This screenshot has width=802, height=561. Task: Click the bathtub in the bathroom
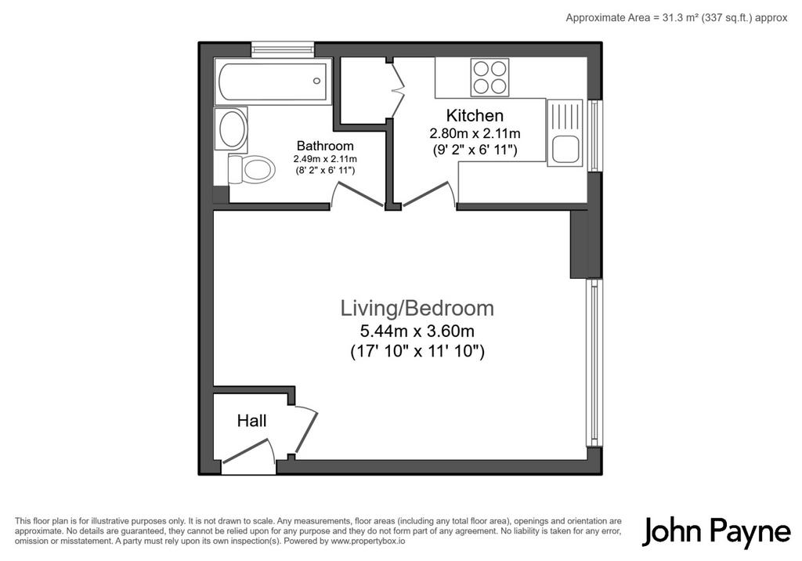tap(273, 81)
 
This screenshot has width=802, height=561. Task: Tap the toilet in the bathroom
tap(251, 169)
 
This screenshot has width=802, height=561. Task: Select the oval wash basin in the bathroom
tap(231, 128)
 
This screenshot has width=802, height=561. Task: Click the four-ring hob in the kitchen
tap(490, 78)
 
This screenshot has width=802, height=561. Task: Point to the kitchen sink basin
tap(565, 150)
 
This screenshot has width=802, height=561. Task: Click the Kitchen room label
tap(475, 115)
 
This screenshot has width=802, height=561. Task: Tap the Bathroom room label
tap(325, 146)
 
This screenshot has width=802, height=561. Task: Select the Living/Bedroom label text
tap(417, 308)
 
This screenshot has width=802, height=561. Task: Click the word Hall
tap(251, 421)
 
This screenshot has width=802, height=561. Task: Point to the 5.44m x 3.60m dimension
tap(417, 331)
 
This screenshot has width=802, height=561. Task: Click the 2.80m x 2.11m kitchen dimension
tap(475, 134)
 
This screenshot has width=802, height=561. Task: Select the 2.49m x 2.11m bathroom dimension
tap(325, 159)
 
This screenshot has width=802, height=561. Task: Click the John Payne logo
tap(716, 532)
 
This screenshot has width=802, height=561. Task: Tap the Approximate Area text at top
tap(677, 18)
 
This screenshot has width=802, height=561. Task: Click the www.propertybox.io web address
tap(368, 541)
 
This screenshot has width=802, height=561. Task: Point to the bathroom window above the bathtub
tap(283, 49)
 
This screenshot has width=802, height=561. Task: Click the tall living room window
tap(594, 363)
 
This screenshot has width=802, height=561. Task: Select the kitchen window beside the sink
tap(594, 136)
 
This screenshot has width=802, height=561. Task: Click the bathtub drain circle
tap(316, 81)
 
